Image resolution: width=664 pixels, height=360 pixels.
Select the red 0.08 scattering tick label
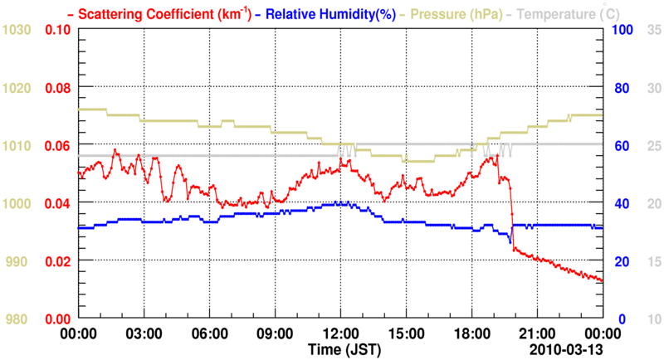pyautogui.click(x=57, y=88)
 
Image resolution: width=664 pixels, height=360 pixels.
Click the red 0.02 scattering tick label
pyautogui.click(x=57, y=261)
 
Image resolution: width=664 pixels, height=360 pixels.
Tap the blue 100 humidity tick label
pyautogui.click(x=623, y=30)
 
